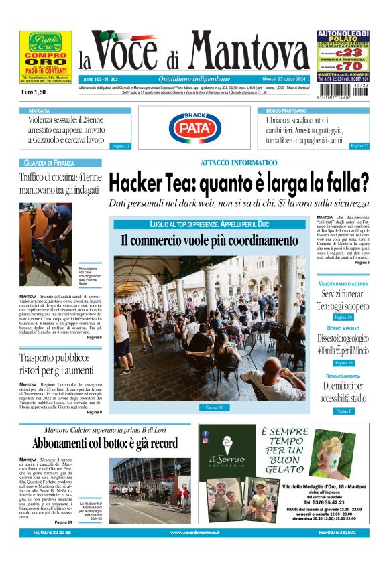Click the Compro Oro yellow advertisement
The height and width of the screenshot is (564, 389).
point(46,56)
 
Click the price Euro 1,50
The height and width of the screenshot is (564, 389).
point(34,92)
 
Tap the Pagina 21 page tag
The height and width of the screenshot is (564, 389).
point(120,145)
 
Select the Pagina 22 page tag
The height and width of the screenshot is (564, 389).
point(359,145)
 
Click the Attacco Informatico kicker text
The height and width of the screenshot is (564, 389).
point(238,163)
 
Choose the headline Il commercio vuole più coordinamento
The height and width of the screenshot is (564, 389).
point(209,240)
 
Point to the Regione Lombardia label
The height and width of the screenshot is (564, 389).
point(343,376)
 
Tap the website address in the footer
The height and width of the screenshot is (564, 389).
point(194,532)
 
